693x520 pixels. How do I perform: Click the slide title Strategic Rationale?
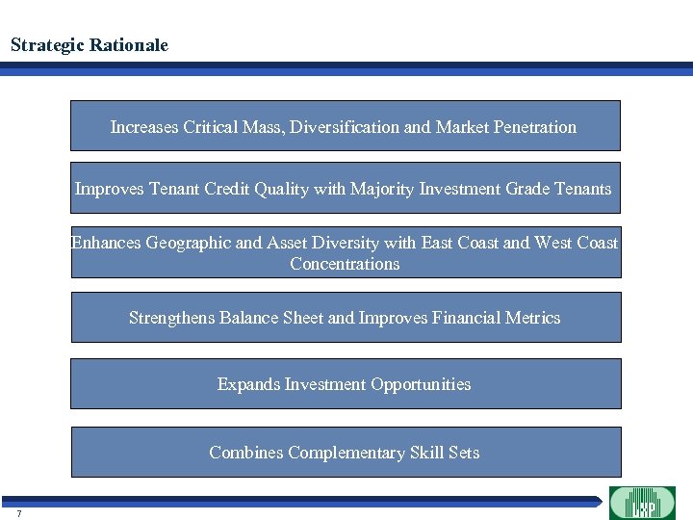[90, 45]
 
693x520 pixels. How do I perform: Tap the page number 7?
[18, 513]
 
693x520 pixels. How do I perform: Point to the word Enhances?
[106, 243]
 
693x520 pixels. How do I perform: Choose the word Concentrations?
[345, 264]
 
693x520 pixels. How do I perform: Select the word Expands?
[248, 384]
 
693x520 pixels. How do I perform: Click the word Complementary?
[346, 453]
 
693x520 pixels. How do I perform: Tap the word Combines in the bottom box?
[245, 453]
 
